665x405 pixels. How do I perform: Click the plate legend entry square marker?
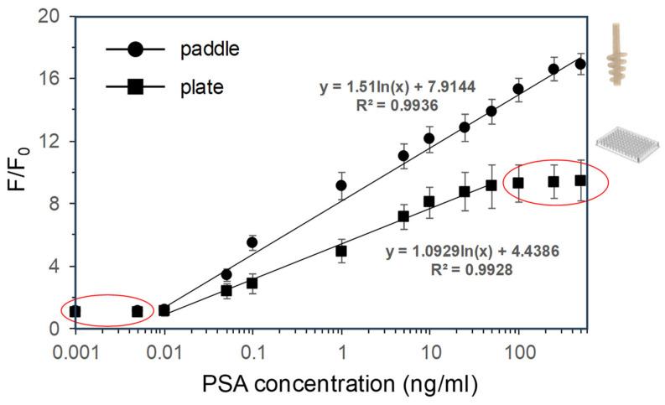(x=136, y=86)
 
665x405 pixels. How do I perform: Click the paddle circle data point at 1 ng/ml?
(x=341, y=185)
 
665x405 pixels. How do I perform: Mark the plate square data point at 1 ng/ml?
(x=341, y=251)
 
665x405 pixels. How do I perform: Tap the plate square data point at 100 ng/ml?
(x=518, y=183)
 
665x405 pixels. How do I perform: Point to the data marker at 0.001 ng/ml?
(x=75, y=311)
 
